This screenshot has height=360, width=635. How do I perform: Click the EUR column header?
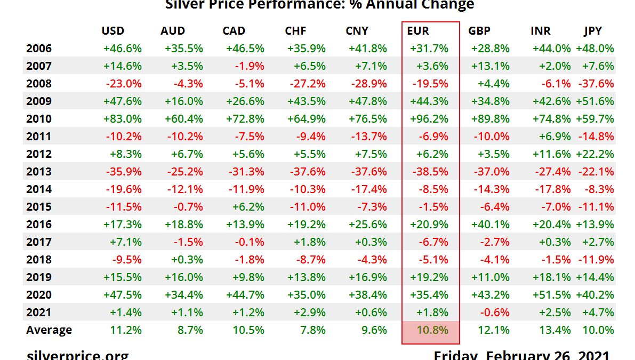pos(418,31)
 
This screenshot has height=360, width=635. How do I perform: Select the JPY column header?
pos(593,31)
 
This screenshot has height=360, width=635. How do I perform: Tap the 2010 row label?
pos(39,119)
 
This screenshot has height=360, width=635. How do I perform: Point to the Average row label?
pos(49,330)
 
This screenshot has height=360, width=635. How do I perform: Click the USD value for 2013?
pos(124,172)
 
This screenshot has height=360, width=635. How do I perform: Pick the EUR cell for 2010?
pos(429,119)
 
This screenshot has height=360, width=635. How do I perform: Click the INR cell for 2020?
pos(551,295)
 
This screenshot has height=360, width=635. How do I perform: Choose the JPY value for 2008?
pos(594,84)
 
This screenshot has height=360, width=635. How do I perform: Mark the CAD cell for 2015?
pos(246,207)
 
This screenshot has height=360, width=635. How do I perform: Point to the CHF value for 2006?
pos(306,49)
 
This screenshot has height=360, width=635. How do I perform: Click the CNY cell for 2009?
pos(367,101)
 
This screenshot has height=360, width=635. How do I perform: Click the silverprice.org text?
pos(77,354)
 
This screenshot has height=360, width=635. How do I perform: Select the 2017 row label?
pos(39,242)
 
